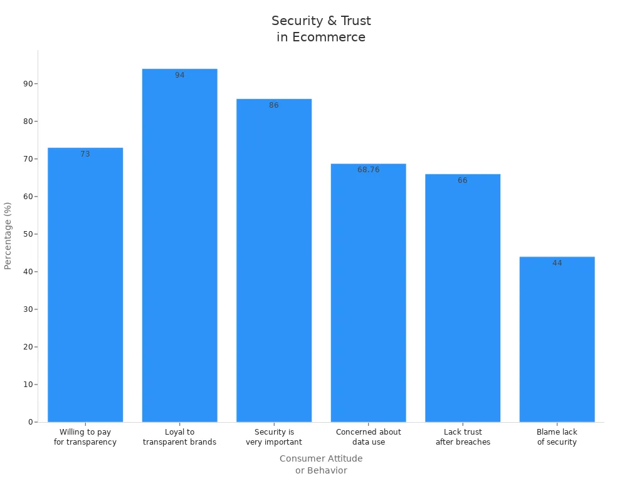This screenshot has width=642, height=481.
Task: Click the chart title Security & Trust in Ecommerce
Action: pos(321,29)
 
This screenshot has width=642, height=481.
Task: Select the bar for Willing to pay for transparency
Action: pos(85,285)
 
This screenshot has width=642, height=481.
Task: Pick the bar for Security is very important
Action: pos(274,261)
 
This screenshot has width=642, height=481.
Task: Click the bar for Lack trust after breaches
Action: pos(463,298)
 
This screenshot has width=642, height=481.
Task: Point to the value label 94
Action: pos(180,75)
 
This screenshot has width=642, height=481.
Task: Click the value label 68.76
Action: pos(369,170)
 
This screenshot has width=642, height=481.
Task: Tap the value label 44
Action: pos(557,263)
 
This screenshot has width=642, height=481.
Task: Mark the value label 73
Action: pos(85,154)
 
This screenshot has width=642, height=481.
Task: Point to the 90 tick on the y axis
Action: pos(27,84)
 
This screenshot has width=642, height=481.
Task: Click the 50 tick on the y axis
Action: pos(27,234)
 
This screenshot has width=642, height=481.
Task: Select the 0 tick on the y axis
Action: pos(29,422)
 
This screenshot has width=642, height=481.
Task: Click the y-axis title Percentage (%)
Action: pos(8,235)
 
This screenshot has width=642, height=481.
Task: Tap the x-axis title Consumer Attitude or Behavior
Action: pos(321,464)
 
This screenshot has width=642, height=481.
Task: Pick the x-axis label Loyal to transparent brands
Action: pos(179,437)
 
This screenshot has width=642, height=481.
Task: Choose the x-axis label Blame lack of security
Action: pos(557,437)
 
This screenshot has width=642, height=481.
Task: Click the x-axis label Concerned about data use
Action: pos(368,437)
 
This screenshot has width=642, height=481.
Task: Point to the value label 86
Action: pos(274,105)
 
